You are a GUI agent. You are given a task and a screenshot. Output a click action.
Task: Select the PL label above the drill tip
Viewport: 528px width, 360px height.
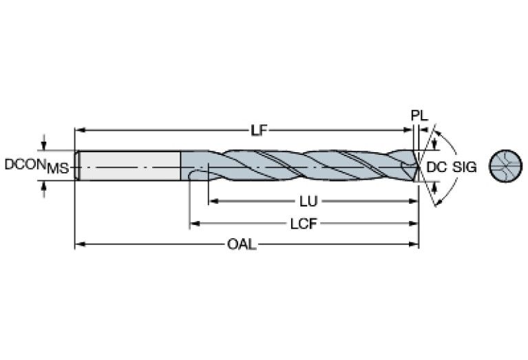tap(419, 116)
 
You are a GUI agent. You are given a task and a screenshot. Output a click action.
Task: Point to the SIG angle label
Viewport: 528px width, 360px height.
tap(464, 167)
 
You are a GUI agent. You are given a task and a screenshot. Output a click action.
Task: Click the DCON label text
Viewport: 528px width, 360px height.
tap(25, 165)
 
